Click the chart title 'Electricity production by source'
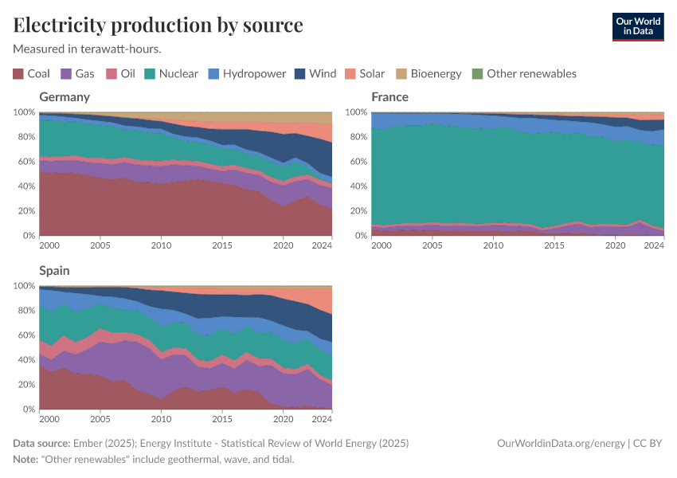[158, 25]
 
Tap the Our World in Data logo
[637, 25]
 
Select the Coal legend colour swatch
[18, 74]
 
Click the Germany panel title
[65, 97]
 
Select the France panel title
[389, 97]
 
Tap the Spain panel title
[54, 271]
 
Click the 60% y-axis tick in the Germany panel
[25, 162]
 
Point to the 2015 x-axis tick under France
[554, 246]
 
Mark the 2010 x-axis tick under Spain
[161, 419]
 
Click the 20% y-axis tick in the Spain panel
[25, 385]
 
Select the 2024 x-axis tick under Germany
[321, 246]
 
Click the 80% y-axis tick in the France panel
[358, 137]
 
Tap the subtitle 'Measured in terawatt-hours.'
[88, 49]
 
